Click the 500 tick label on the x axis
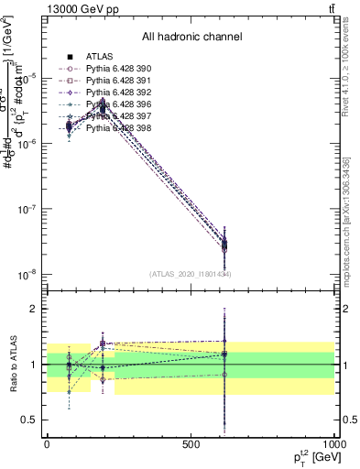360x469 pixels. click(190, 443)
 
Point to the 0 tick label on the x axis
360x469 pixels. click(46, 443)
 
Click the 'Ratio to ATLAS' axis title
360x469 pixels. click(13, 365)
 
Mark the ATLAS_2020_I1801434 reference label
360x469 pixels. click(190, 274)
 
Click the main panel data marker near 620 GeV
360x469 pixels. click(224, 245)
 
